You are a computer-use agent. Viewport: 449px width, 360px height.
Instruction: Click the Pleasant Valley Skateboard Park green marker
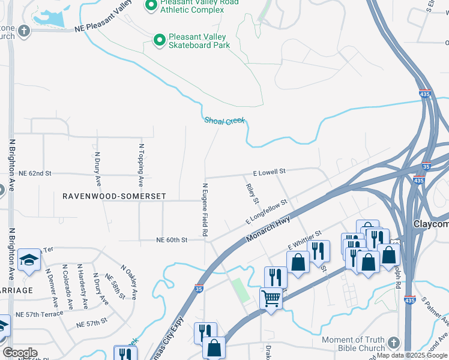coord(159,40)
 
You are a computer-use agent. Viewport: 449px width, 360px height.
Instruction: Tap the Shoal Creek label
coord(224,121)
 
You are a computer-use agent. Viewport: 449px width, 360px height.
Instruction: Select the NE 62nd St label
coord(35,173)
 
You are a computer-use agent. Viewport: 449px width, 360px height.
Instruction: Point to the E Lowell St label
coord(268,172)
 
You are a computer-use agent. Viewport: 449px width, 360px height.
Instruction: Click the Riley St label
coord(252,193)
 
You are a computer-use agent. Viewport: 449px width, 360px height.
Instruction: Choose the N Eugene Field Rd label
coord(205,209)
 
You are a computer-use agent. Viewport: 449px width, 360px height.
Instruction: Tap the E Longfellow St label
coord(267,213)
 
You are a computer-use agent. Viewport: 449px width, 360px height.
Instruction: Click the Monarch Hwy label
coord(268,230)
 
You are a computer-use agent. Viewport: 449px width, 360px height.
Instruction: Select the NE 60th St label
coord(172,239)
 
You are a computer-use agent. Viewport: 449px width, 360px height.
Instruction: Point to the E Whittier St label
coord(304,239)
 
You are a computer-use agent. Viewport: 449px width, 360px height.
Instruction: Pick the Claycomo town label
coord(431,224)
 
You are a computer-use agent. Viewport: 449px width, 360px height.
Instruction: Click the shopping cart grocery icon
coord(271,297)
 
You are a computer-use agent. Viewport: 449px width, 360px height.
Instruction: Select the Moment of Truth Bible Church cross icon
coord(393,341)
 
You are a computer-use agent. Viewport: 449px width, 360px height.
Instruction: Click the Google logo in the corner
coord(20,353)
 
